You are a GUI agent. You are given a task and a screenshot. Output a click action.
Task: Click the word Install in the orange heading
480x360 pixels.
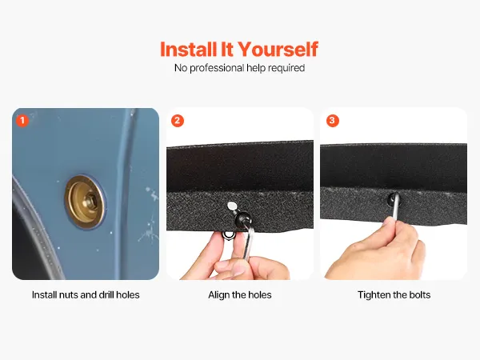[x=189, y=50]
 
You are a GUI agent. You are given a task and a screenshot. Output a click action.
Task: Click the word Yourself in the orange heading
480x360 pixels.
[x=278, y=50]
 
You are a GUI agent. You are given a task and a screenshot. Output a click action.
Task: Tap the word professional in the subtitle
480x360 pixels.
[x=217, y=68]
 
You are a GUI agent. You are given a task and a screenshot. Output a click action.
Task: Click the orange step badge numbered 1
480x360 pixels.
[x=22, y=121]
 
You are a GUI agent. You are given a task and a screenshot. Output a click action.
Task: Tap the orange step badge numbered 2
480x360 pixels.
[x=178, y=121]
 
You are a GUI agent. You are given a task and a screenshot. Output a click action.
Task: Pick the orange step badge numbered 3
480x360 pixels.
[x=333, y=121]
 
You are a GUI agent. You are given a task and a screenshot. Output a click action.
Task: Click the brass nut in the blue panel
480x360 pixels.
[x=85, y=202]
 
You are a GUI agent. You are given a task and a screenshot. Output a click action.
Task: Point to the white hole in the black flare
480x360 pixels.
[x=232, y=206]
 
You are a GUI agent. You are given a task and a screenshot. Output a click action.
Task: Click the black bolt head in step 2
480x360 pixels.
[x=242, y=219]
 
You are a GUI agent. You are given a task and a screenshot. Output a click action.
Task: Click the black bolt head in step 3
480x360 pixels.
[x=393, y=199]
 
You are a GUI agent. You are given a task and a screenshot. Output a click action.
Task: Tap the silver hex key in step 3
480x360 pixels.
[x=395, y=207]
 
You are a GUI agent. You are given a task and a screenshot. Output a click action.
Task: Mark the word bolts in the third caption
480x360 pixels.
[x=420, y=294]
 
